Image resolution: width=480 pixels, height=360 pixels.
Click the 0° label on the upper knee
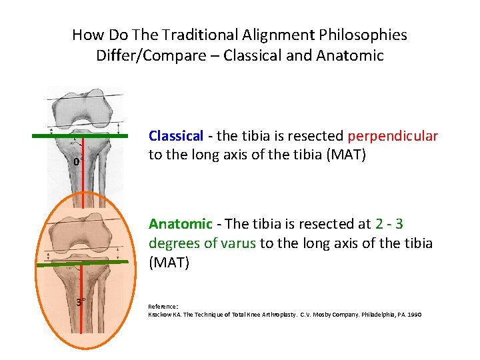(x=77, y=162)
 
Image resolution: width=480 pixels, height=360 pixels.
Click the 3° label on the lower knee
(x=80, y=302)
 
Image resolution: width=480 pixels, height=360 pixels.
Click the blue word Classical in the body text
(x=175, y=136)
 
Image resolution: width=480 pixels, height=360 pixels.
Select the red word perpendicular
(x=393, y=136)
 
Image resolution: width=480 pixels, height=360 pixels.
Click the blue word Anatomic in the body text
(x=177, y=223)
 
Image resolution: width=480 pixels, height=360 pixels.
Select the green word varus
(x=235, y=243)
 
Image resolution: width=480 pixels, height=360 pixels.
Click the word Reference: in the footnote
(x=163, y=307)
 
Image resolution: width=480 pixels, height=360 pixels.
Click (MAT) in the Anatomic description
(x=169, y=263)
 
